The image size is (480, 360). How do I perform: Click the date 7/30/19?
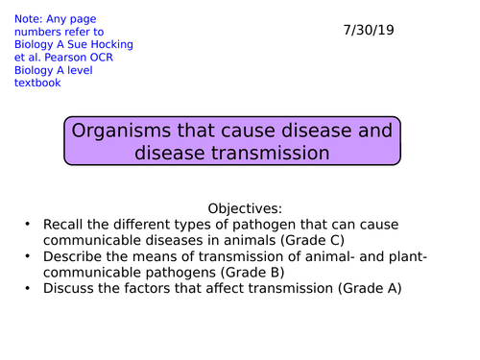(369, 30)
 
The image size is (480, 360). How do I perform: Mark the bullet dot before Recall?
(29, 226)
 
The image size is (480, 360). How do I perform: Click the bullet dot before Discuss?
(29, 288)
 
